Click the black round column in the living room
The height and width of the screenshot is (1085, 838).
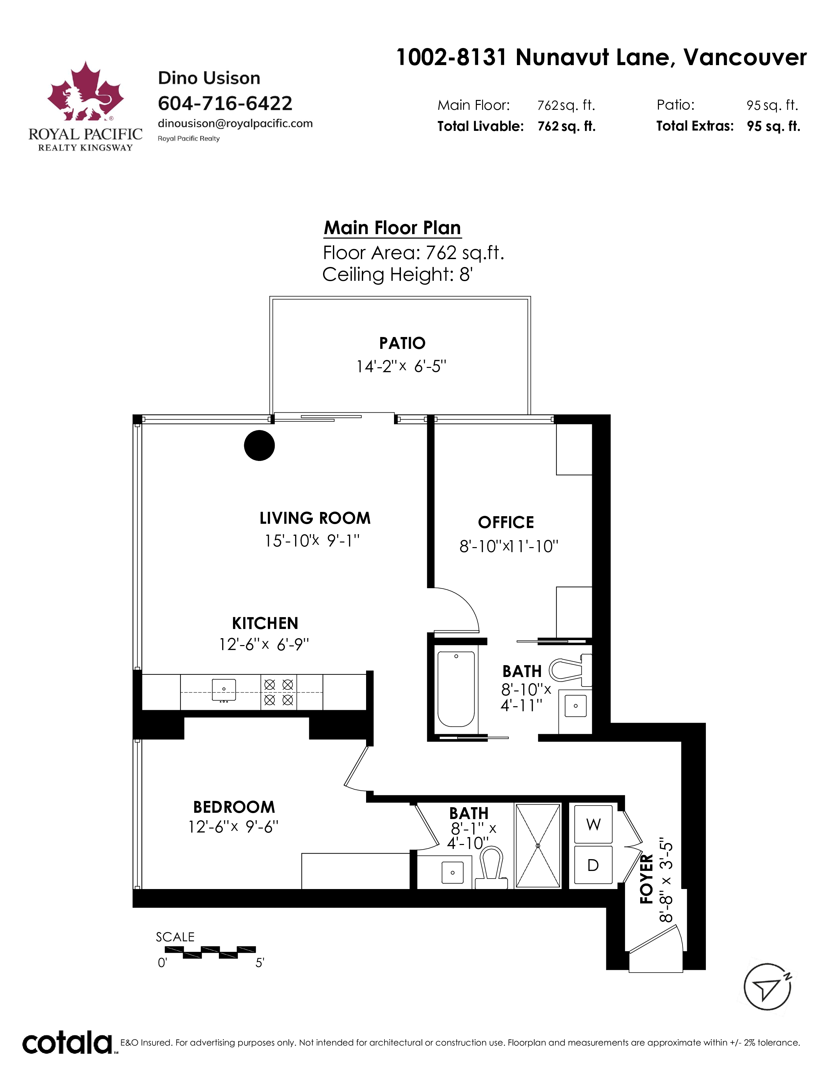coord(259,445)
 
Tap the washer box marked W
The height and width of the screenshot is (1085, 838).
coord(593,824)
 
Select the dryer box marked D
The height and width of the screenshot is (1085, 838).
coord(593,865)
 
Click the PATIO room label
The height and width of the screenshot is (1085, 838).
coord(402,343)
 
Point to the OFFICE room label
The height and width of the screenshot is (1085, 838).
coord(506,522)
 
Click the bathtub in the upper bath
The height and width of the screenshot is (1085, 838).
coord(456,689)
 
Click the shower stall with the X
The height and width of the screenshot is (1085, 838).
coord(538,846)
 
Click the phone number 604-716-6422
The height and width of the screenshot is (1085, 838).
coord(225,103)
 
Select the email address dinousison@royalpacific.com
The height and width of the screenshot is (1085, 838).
coord(235,123)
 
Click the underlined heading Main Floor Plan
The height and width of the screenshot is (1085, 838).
coord(392,228)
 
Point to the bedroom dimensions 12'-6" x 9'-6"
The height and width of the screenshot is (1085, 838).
coord(233,827)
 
